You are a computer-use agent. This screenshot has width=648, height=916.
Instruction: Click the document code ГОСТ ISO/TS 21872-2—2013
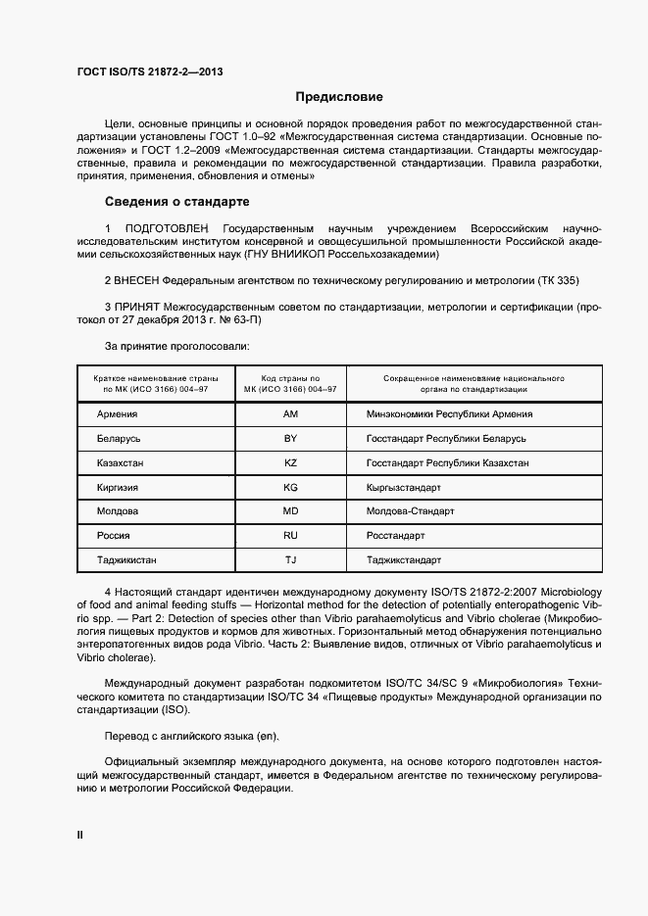click(x=142, y=71)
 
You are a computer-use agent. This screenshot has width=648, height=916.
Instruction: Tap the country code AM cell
click(x=290, y=413)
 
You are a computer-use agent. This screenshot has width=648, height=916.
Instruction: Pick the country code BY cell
click(x=290, y=438)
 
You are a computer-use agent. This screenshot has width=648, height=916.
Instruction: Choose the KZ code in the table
click(x=290, y=462)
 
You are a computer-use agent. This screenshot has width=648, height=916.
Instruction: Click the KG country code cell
click(x=290, y=487)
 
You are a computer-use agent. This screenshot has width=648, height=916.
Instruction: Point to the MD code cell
click(x=290, y=511)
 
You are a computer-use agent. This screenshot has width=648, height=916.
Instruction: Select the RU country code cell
click(x=290, y=536)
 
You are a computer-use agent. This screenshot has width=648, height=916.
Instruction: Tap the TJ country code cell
click(x=290, y=560)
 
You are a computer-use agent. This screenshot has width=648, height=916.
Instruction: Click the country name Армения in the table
click(x=117, y=413)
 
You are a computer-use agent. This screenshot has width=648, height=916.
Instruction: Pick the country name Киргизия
click(x=118, y=487)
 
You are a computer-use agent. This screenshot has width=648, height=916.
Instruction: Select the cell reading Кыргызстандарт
click(x=403, y=487)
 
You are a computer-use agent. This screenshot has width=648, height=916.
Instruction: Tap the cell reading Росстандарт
click(x=395, y=536)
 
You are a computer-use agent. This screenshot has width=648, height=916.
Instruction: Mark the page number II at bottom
click(x=80, y=835)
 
